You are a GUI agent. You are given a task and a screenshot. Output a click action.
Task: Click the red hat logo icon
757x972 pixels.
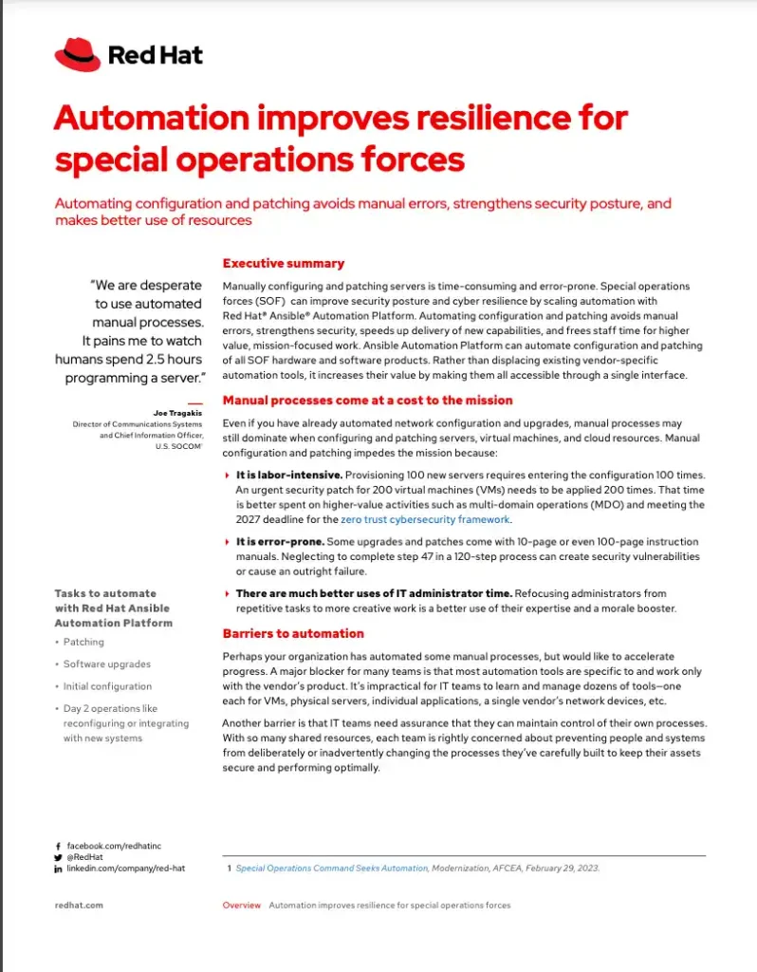[77, 54]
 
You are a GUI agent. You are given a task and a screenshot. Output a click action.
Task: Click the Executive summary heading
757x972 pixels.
[283, 263]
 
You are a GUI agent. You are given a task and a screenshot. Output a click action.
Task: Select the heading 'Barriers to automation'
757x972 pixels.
[292, 633]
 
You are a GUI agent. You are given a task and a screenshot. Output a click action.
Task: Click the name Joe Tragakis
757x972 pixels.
[177, 413]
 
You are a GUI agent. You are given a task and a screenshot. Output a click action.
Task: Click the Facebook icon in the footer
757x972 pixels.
[58, 845]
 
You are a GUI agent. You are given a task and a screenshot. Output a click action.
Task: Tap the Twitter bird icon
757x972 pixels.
[58, 856]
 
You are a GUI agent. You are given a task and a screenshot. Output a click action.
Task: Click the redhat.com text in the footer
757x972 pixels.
[79, 905]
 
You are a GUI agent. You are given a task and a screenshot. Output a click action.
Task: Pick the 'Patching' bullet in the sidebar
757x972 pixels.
[83, 642]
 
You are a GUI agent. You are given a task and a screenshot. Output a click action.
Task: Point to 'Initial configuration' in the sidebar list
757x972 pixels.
[107, 686]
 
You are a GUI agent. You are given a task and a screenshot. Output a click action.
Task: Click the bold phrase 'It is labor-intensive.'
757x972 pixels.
[288, 474]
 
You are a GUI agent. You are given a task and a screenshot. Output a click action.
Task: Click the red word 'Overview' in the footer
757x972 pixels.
[241, 905]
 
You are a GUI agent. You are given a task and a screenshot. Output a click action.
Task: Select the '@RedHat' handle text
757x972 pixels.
[84, 856]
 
